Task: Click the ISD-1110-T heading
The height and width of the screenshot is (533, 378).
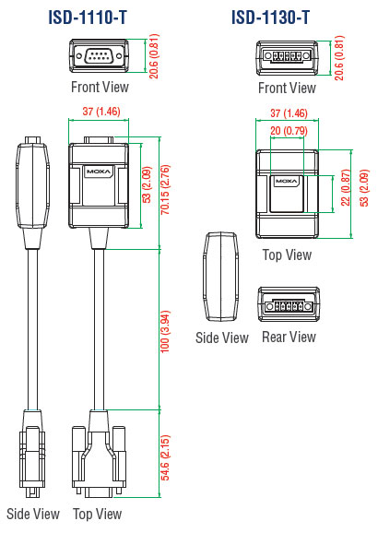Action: [88, 18]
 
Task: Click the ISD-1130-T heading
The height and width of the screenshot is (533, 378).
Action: [270, 18]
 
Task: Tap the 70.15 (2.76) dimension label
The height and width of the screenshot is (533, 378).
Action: [165, 189]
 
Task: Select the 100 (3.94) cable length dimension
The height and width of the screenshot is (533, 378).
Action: [165, 331]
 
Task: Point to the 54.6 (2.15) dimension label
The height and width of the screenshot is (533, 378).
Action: [165, 457]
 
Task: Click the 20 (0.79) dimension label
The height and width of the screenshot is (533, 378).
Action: [289, 131]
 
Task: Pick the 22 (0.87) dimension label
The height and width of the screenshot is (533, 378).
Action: [346, 187]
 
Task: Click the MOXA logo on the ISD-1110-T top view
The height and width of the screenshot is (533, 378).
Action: [99, 172]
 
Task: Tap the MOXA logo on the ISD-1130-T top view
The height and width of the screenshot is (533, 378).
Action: [286, 181]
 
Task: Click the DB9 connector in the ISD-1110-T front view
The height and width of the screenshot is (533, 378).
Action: [99, 56]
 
